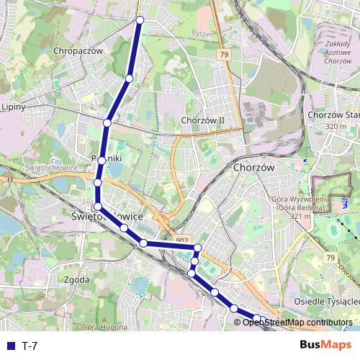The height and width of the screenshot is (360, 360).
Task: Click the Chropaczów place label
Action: click(79, 51)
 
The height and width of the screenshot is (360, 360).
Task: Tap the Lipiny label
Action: click(14, 107)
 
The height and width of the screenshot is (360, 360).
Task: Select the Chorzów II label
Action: click(204, 120)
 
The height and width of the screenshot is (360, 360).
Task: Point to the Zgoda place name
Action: click(76, 279)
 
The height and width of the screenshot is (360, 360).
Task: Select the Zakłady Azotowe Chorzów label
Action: click(333, 53)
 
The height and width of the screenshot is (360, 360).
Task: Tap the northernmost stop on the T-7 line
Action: click(140, 20)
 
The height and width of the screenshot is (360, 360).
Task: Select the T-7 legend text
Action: click(30, 346)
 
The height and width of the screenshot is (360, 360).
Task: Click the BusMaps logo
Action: click(326, 345)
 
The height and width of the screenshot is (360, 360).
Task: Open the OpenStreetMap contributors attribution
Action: click(297, 323)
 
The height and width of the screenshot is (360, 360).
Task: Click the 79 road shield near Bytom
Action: click(224, 55)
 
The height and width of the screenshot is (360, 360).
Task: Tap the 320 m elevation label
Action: click(336, 127)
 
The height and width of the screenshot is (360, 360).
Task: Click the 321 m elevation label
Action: click(300, 215)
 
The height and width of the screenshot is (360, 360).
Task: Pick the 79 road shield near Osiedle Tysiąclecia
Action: click(330, 258)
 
